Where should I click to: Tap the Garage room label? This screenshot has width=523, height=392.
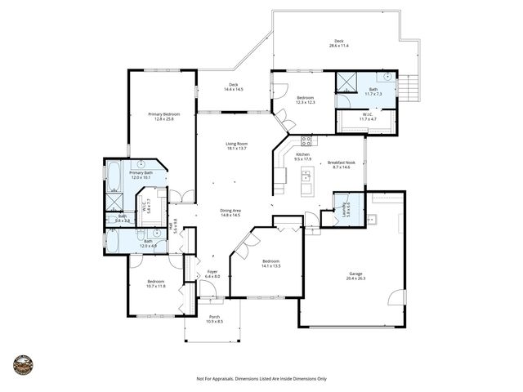[x=356, y=274]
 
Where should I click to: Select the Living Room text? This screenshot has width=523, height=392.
[x=237, y=144]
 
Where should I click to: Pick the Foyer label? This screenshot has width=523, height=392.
[x=212, y=271]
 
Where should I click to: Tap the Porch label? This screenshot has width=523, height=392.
[x=214, y=317]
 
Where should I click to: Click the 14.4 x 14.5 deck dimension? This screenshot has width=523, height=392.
[x=233, y=89]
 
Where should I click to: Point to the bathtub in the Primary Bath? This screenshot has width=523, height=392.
[x=113, y=176]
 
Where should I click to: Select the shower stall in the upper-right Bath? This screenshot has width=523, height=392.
[x=348, y=83]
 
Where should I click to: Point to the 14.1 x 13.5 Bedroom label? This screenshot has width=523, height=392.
[x=270, y=263]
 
